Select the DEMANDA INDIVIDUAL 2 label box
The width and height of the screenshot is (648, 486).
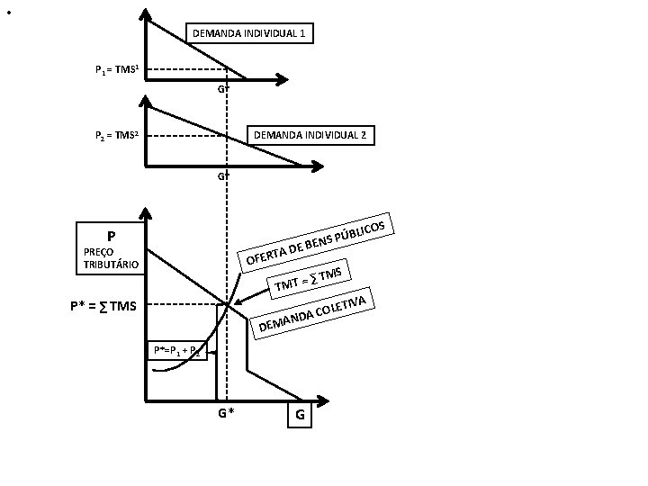[x=310, y=136]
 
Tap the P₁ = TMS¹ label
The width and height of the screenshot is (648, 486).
[x=117, y=69]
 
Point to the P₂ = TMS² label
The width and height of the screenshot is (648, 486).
[x=117, y=137]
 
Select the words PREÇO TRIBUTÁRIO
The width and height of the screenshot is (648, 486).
[x=111, y=258]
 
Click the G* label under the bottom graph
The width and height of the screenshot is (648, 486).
[x=226, y=413]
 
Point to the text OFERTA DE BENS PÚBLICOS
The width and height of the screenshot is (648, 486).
[x=316, y=242]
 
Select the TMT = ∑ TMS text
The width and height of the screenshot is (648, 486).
[x=310, y=277]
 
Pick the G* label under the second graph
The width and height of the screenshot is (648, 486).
[x=222, y=175]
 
